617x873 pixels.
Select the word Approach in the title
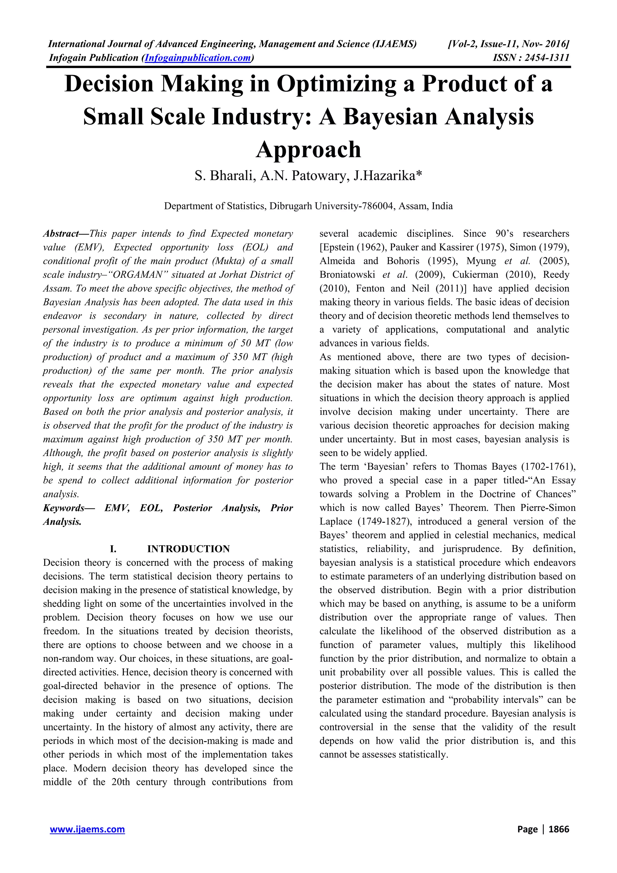[308, 149]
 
